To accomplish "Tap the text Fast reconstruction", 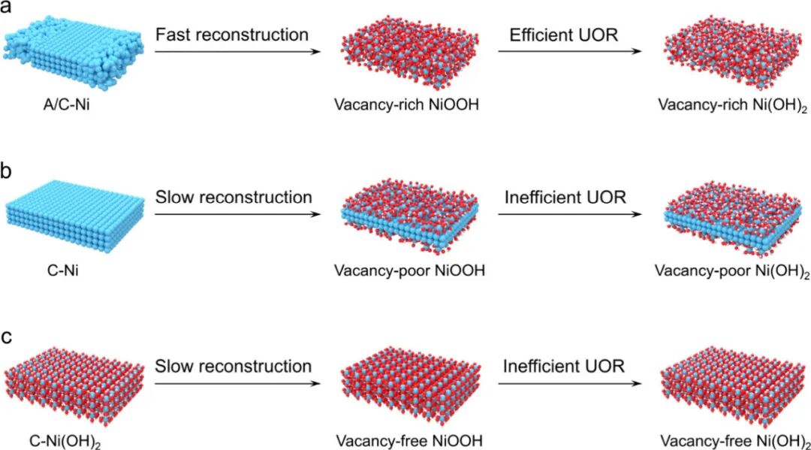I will point(231,35).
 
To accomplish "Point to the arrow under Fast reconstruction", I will point(231,52).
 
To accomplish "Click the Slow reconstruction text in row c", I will point(233,367).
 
